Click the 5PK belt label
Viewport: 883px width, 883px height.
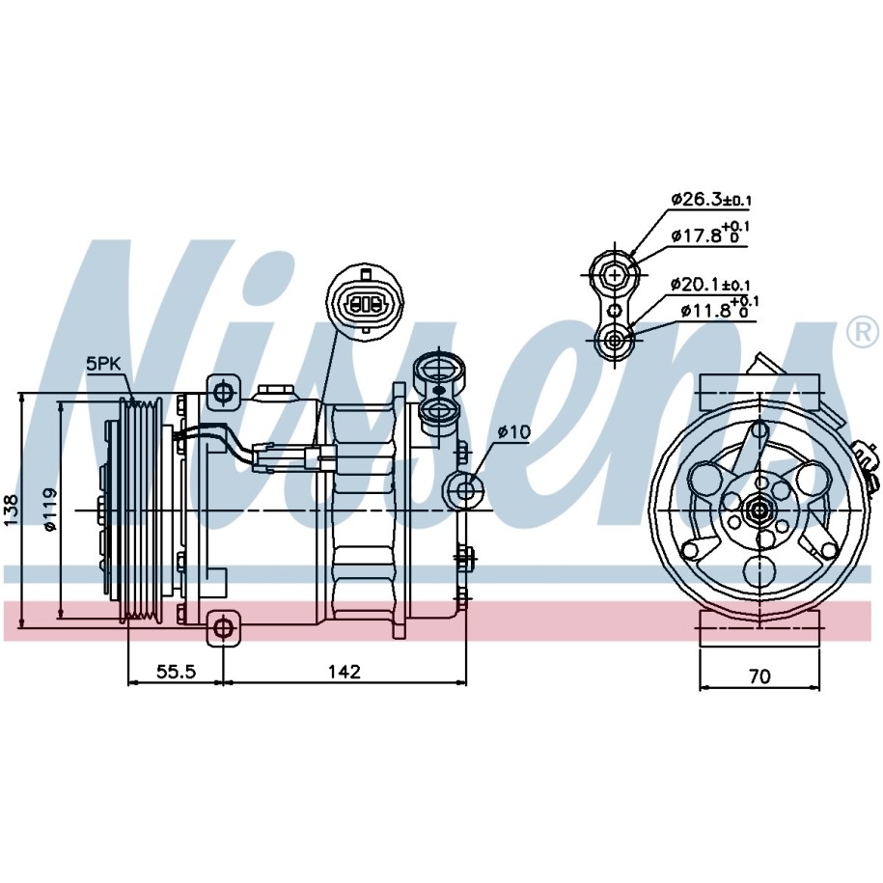tap(103, 363)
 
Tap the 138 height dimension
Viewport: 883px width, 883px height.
tap(11, 510)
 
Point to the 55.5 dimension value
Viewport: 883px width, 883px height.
tap(177, 672)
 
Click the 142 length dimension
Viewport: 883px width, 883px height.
tap(345, 672)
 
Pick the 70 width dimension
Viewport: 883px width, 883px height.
tap(759, 676)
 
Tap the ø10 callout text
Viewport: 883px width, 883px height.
tap(513, 432)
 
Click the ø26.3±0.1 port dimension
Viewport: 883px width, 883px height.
tap(711, 199)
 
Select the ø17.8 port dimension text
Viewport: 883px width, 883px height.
tap(710, 234)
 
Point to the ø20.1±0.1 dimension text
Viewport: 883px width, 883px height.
tap(710, 285)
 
